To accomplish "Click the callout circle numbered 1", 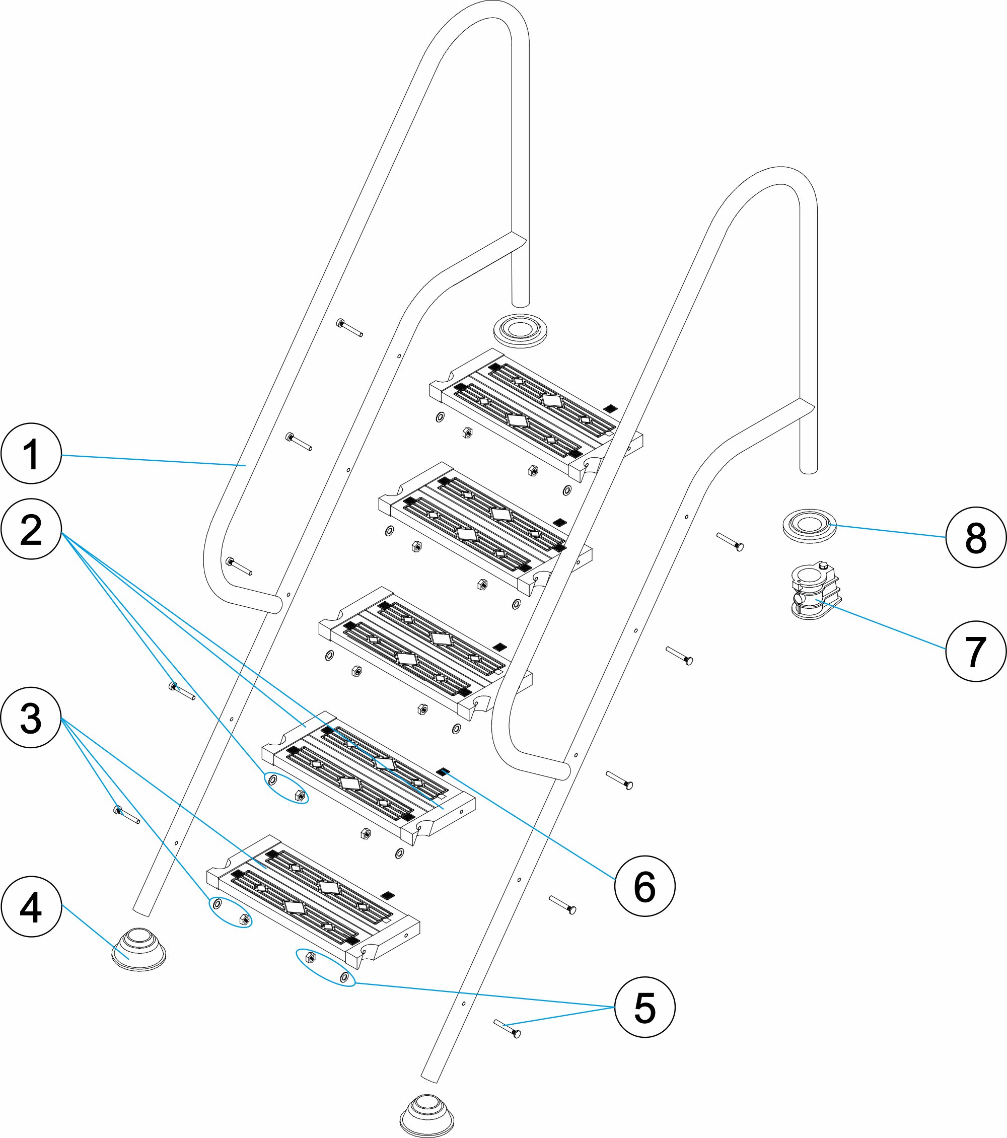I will coord(31,454).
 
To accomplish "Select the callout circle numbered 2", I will coord(31,529).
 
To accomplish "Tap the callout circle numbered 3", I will coord(31,718).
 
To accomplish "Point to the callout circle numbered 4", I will coord(31,907).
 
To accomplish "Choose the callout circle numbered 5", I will coord(644,1007).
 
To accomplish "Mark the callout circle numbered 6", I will coord(644,886).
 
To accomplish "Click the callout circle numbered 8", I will coord(976,537).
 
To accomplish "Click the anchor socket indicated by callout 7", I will coord(814,591).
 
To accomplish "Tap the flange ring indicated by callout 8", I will coord(810,525).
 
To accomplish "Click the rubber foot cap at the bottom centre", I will coord(427,1115).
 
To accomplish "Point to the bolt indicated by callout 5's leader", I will coord(507,1029).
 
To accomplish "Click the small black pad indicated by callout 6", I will coord(443,771).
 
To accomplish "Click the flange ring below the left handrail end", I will coord(521,330).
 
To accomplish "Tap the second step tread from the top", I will coord(484,526).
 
